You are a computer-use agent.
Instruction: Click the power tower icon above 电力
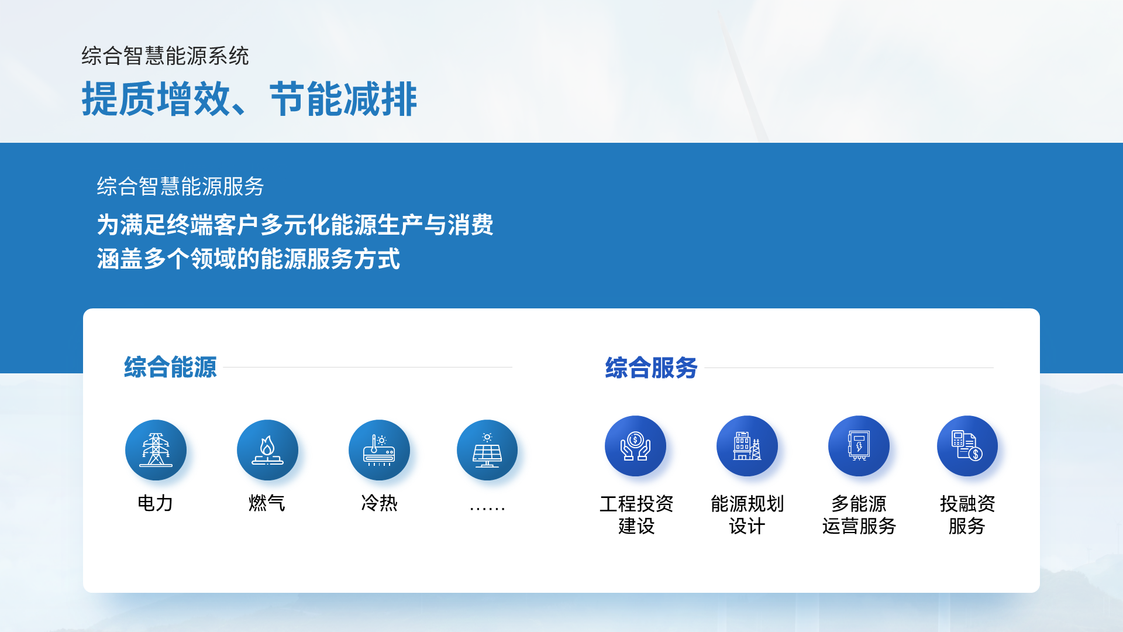[x=156, y=450]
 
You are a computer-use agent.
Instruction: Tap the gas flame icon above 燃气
[x=267, y=450]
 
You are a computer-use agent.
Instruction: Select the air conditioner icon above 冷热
[x=379, y=450]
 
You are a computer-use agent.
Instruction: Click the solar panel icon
[x=487, y=450]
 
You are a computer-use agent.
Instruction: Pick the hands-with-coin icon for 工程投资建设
[x=635, y=446]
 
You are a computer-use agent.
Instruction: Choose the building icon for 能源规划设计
[x=747, y=446]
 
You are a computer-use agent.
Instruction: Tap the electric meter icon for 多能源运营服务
[x=859, y=446]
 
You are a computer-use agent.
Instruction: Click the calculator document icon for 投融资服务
[x=967, y=446]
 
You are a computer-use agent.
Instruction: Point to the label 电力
[x=155, y=503]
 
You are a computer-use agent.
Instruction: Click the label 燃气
[x=267, y=503]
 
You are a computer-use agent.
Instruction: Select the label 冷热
[x=379, y=503]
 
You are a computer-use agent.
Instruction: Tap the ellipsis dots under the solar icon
[x=487, y=509]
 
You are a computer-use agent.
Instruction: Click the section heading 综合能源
[x=170, y=367]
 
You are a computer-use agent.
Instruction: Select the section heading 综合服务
[x=652, y=368]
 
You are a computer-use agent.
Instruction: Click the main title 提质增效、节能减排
[x=249, y=99]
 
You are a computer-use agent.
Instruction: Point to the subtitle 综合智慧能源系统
[x=166, y=56]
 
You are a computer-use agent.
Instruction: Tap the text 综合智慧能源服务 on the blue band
[x=181, y=187]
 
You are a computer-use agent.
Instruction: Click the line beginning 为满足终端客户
[x=295, y=225]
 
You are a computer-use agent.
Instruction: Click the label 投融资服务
[x=967, y=515]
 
